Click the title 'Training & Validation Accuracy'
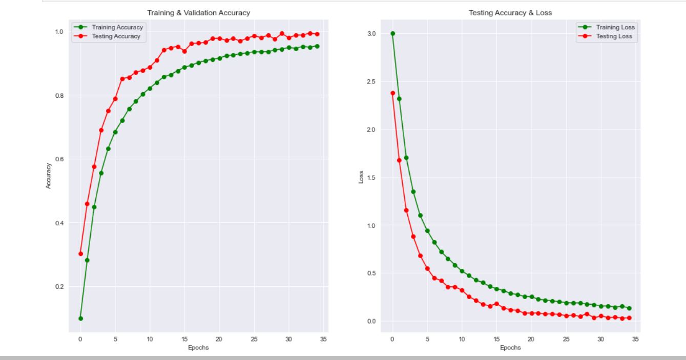point(198,12)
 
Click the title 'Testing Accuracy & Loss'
point(510,12)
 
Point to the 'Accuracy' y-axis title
point(49,176)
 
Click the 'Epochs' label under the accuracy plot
point(198,348)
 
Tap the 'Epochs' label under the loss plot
point(510,348)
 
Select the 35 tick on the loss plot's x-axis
point(636,339)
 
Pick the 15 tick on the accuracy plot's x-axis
point(184,339)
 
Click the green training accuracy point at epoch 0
point(80,319)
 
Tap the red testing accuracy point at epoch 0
point(80,253)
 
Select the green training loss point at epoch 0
point(392,33)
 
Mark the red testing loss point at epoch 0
point(392,93)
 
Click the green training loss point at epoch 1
point(399,99)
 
